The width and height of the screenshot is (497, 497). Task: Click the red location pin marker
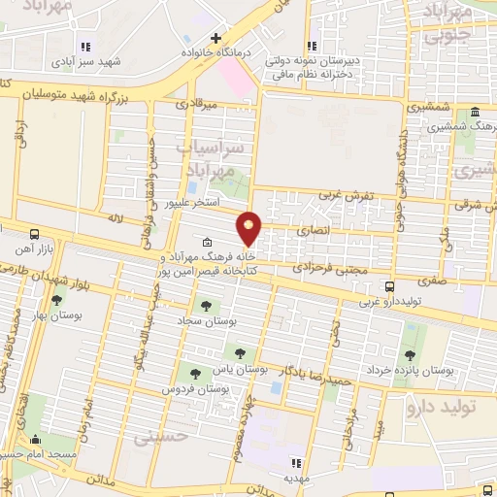coord(249,227)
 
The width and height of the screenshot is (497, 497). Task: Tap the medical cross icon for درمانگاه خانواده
coord(215,39)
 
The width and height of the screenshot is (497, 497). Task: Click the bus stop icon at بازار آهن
coord(35,234)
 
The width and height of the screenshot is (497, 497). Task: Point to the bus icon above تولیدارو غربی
coord(389,286)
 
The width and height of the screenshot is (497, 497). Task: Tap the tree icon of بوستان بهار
coord(57,300)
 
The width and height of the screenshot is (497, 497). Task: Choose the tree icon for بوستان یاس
coord(241,353)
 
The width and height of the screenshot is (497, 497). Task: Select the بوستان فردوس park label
coord(197,388)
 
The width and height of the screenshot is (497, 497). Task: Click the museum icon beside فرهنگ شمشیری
coord(477,113)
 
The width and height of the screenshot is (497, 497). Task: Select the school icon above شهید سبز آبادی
coord(85,45)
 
